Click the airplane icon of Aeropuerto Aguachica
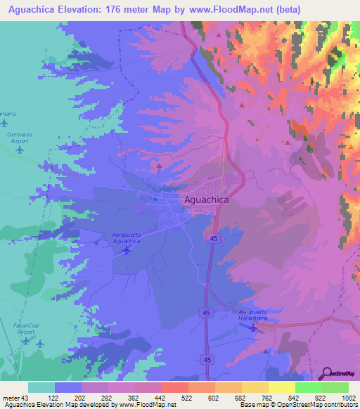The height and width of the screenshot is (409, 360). coord(127,250)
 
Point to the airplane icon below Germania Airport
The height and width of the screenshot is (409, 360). coord(20,149)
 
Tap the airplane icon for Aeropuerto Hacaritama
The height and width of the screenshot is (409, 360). coord(252,327)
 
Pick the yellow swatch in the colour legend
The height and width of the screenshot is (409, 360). coord(281,387)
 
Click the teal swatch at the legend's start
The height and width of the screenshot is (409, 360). coord(41,387)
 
